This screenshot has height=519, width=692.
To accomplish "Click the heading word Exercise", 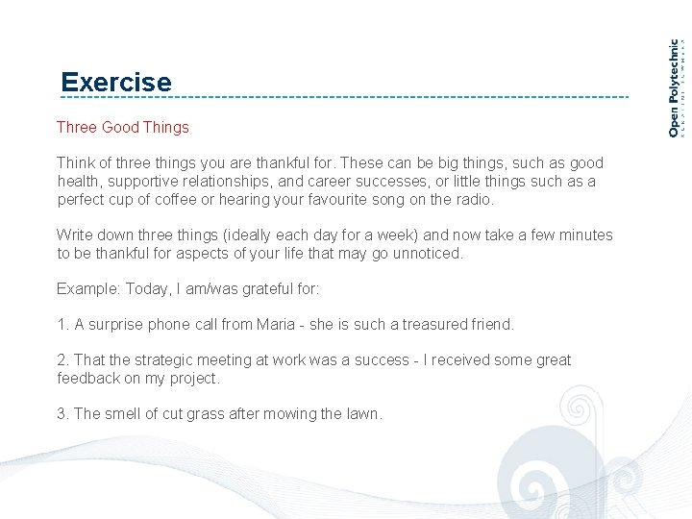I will pyautogui.click(x=115, y=83).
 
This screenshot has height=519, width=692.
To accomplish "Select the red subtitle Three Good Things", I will pyautogui.click(x=123, y=127).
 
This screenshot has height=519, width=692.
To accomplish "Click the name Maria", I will pyautogui.click(x=276, y=325).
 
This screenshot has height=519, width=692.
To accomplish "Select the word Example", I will pyautogui.click(x=86, y=288).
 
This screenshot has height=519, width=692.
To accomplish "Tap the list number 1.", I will pyautogui.click(x=62, y=325).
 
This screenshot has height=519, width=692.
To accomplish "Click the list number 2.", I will pyautogui.click(x=62, y=360).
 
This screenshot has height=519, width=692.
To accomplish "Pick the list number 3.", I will pyautogui.click(x=62, y=414).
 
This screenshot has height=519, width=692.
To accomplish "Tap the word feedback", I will pyautogui.click(x=87, y=379).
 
